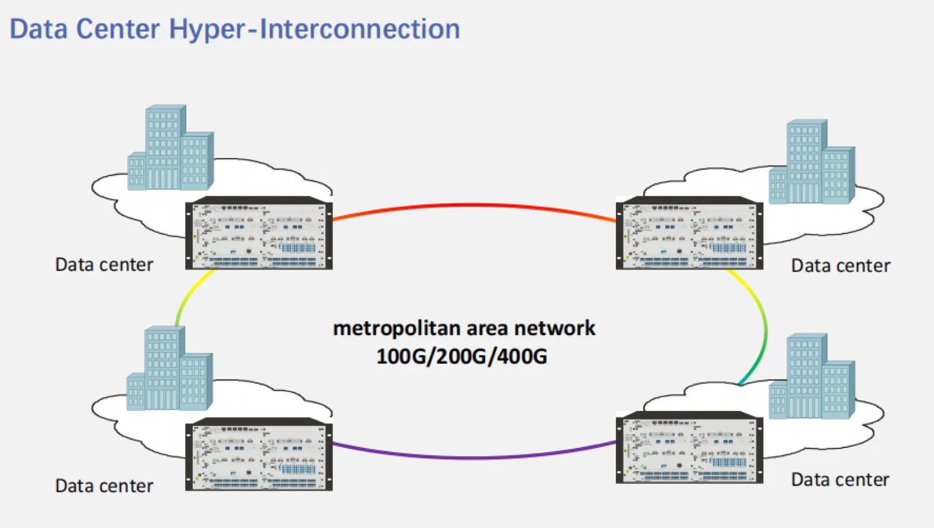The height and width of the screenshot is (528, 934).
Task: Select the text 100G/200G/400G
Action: [x=461, y=357]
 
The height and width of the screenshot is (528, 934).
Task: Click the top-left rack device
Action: [x=259, y=234]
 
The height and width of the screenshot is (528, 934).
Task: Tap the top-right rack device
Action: [x=689, y=234]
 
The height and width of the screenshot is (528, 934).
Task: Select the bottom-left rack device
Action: [x=259, y=455]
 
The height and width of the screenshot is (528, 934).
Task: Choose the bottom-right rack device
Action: [x=689, y=448]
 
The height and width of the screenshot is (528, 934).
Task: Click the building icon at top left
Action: [x=170, y=149]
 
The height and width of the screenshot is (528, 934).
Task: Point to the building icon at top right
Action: [x=812, y=162]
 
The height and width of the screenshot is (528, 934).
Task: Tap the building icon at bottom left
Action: [x=169, y=369]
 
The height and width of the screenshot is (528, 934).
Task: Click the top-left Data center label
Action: [x=104, y=265]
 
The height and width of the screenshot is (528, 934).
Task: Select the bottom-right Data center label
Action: [x=840, y=480]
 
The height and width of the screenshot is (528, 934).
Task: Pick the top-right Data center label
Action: [x=840, y=266]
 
